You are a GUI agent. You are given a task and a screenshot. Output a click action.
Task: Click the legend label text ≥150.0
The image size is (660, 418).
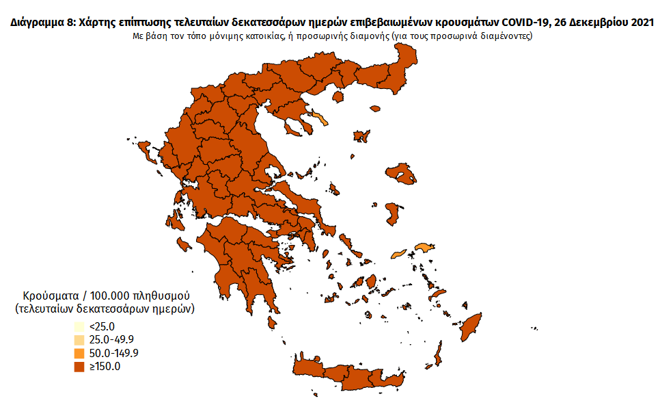(105, 367)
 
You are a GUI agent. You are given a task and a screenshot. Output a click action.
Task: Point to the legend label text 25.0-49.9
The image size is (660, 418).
(113, 340)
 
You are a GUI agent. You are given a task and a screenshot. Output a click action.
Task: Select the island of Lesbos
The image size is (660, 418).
(401, 173)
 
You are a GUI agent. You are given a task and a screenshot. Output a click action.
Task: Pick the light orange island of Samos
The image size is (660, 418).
(424, 247)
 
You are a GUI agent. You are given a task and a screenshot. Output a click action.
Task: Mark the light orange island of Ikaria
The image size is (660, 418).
(398, 254)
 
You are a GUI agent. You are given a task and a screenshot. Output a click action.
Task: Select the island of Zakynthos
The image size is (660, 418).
(183, 244)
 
